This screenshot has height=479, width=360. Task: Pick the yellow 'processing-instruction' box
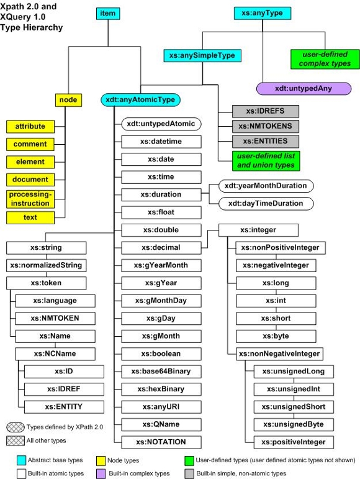(30, 198)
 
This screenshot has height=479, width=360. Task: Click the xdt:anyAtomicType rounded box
(141, 99)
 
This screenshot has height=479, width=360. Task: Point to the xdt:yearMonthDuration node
(266, 186)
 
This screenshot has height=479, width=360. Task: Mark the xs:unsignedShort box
(289, 407)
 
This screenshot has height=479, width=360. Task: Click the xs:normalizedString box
(47, 265)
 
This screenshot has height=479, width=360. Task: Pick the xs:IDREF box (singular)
(59, 389)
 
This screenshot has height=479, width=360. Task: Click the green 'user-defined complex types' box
(325, 58)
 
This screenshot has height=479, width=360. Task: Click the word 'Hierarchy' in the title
(44, 28)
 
